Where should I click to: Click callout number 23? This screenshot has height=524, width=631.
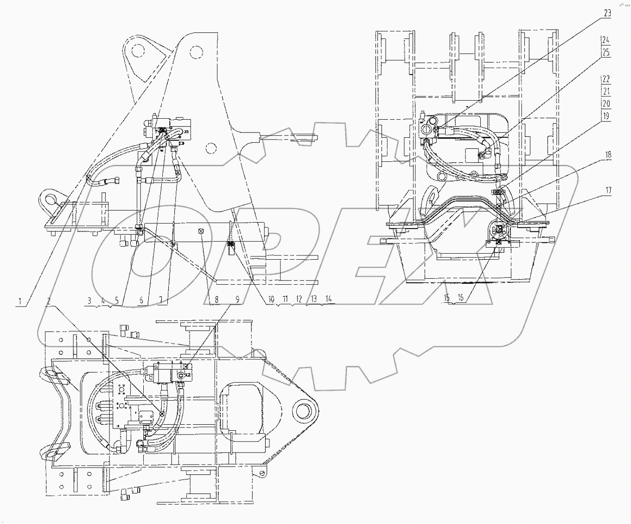607,13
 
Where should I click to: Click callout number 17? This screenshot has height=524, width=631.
608,190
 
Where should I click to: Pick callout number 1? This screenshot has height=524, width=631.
20,301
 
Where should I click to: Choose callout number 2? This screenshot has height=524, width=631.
49,301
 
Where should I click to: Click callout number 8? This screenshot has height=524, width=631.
217,300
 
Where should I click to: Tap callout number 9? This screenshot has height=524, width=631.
237,300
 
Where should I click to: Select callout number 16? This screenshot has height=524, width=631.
461,298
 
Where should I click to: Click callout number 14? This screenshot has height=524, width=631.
329,299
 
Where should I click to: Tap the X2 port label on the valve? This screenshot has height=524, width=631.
187,375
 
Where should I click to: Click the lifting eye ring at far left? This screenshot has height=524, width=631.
49,198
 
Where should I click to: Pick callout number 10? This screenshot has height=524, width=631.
271,299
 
